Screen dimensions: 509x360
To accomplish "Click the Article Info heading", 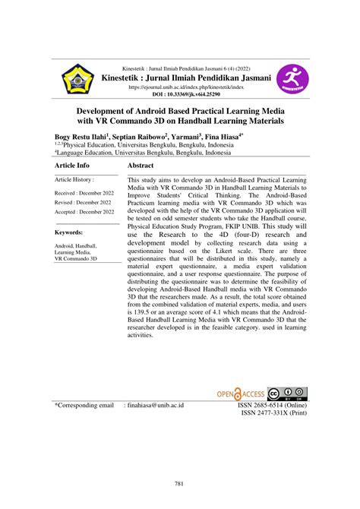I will click(x=72, y=166).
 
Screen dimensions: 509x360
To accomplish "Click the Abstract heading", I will click(x=141, y=166).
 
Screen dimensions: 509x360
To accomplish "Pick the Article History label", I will click(x=74, y=179).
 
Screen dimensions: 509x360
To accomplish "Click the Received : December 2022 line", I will click(x=84, y=194).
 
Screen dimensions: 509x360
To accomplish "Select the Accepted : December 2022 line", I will click(x=84, y=212).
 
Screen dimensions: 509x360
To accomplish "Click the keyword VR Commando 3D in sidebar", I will click(x=76, y=259).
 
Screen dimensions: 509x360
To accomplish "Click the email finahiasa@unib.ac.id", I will click(x=156, y=406).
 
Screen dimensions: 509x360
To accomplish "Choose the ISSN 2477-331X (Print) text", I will click(x=273, y=414).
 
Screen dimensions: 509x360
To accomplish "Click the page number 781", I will click(x=180, y=484).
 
